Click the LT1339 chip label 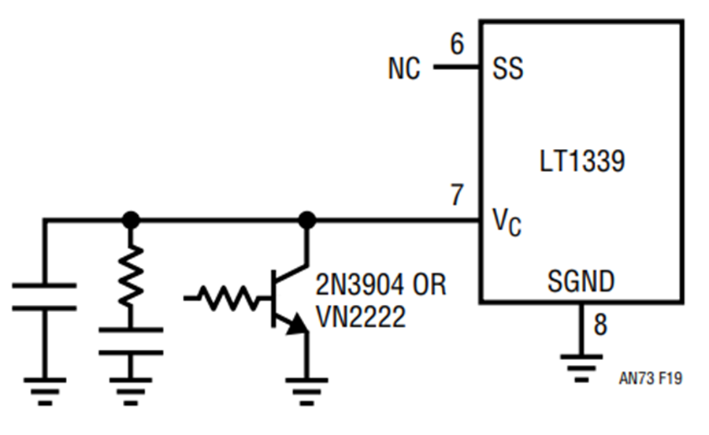tap(582, 161)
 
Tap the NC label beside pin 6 tap(404, 69)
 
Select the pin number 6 tap(457, 44)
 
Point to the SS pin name tap(508, 69)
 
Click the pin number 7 tap(457, 195)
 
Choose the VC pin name tap(507, 222)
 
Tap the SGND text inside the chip tap(581, 281)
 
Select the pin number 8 tap(599, 325)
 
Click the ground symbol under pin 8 tap(581, 368)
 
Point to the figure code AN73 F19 tap(650, 378)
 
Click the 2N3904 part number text tap(360, 284)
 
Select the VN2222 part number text tap(361, 317)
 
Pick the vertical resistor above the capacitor tap(131, 274)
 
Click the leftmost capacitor tap(44, 297)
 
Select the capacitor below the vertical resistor tap(131, 341)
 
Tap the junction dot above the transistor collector tap(307, 220)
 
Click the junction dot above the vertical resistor tap(131, 220)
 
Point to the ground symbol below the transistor tap(307, 391)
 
